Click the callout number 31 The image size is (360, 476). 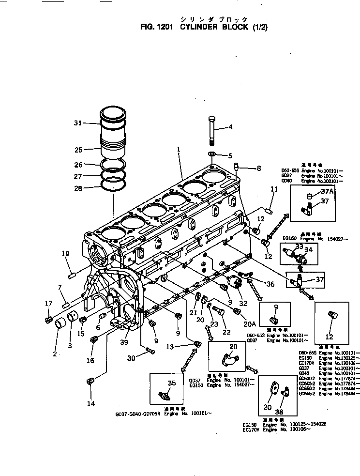coord(78,123)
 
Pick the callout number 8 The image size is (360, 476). coord(258,169)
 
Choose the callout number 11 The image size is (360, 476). coord(274,190)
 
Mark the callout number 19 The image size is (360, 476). coord(66,253)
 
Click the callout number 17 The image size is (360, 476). coord(48,304)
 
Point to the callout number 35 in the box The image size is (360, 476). coord(171,384)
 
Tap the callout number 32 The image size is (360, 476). coord(243,303)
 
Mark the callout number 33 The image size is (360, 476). coord(300,246)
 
